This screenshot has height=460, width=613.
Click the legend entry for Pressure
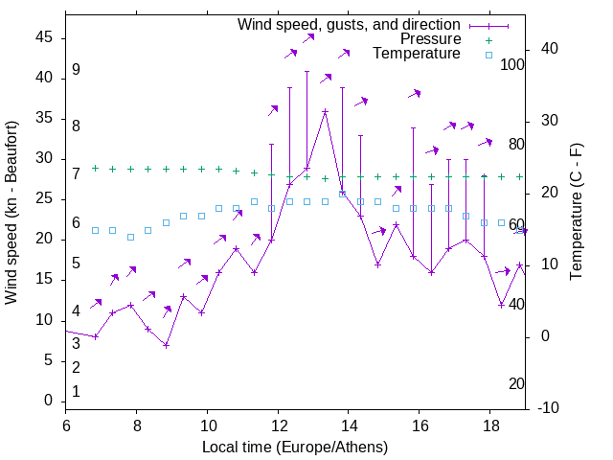[x=430, y=39]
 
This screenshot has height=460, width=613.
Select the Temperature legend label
[x=417, y=55]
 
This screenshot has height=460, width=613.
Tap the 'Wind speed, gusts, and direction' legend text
[x=350, y=24]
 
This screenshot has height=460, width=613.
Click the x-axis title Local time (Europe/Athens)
[x=295, y=448]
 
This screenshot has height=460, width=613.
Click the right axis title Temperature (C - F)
[x=576, y=213]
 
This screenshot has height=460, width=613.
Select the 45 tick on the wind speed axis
[x=43, y=37]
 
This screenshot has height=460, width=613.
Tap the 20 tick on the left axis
[x=43, y=240]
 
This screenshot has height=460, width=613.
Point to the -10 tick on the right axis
[x=550, y=408]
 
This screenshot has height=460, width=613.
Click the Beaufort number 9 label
[x=76, y=70]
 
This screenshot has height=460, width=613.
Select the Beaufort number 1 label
[x=76, y=391]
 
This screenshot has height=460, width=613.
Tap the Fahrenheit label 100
[x=512, y=65]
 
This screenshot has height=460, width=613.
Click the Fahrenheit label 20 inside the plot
[x=516, y=383]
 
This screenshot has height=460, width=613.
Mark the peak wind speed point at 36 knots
[x=325, y=111]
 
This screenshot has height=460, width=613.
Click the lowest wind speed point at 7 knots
[x=166, y=345]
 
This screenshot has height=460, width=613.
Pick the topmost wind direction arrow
[x=308, y=38]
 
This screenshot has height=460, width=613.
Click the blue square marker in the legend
[x=488, y=55]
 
